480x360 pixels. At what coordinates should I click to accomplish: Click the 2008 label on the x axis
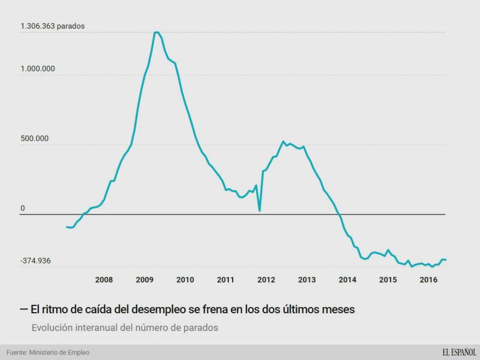104,280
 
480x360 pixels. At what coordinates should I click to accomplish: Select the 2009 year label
144,280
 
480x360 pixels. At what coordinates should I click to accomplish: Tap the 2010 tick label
185,280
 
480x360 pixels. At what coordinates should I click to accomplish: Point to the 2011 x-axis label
225,280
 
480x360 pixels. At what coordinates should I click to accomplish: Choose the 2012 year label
266,280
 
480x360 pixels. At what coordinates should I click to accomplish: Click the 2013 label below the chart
307,280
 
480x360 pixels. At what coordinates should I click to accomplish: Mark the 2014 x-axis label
347,280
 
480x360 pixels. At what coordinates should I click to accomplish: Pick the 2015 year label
388,280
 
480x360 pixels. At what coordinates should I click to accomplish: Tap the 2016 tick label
429,280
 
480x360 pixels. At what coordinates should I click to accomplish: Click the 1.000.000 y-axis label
38,69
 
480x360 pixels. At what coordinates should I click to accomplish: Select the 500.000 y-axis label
35,138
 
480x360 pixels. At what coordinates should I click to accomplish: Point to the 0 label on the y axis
22,209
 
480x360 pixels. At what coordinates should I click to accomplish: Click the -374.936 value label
36,261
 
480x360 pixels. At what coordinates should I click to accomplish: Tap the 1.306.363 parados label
53,26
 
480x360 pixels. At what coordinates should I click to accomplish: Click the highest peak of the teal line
156,33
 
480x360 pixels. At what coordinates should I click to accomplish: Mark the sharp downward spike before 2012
259,210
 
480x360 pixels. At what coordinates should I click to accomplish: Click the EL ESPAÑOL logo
459,353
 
